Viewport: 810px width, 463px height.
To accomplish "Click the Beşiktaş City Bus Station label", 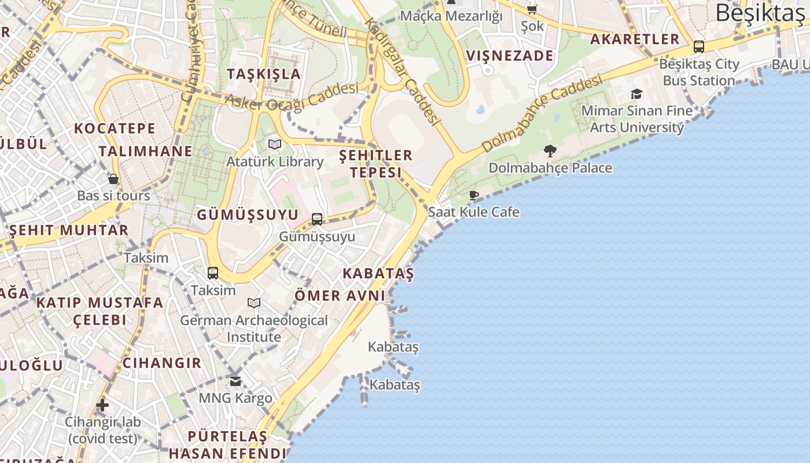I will click(699, 72).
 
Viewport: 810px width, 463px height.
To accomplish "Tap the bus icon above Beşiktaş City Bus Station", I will click(699, 47).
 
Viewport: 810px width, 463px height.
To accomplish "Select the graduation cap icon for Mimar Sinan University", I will click(636, 94).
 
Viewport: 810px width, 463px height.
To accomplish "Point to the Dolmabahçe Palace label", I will click(550, 168).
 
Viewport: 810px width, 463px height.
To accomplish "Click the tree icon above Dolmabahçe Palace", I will click(550, 151).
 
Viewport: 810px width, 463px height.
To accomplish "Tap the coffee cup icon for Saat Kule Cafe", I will click(474, 196).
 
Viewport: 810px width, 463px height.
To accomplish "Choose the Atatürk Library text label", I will click(275, 161).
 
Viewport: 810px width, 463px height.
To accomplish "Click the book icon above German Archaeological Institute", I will click(254, 303).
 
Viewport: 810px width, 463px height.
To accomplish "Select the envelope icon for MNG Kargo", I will click(235, 381).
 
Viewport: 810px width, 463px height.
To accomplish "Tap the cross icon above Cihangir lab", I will click(102, 405).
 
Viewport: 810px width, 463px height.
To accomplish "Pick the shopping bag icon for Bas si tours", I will click(113, 179).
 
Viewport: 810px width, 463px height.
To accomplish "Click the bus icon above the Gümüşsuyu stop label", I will click(317, 219).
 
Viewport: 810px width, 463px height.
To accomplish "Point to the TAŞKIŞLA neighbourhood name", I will click(264, 74).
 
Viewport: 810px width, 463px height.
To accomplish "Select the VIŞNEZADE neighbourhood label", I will click(510, 56).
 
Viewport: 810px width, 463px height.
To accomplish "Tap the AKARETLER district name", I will click(635, 39).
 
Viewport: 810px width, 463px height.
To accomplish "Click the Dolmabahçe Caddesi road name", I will click(542, 113).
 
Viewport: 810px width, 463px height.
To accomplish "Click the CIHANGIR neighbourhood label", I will click(162, 363).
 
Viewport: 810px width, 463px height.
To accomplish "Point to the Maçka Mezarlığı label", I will click(451, 16).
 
